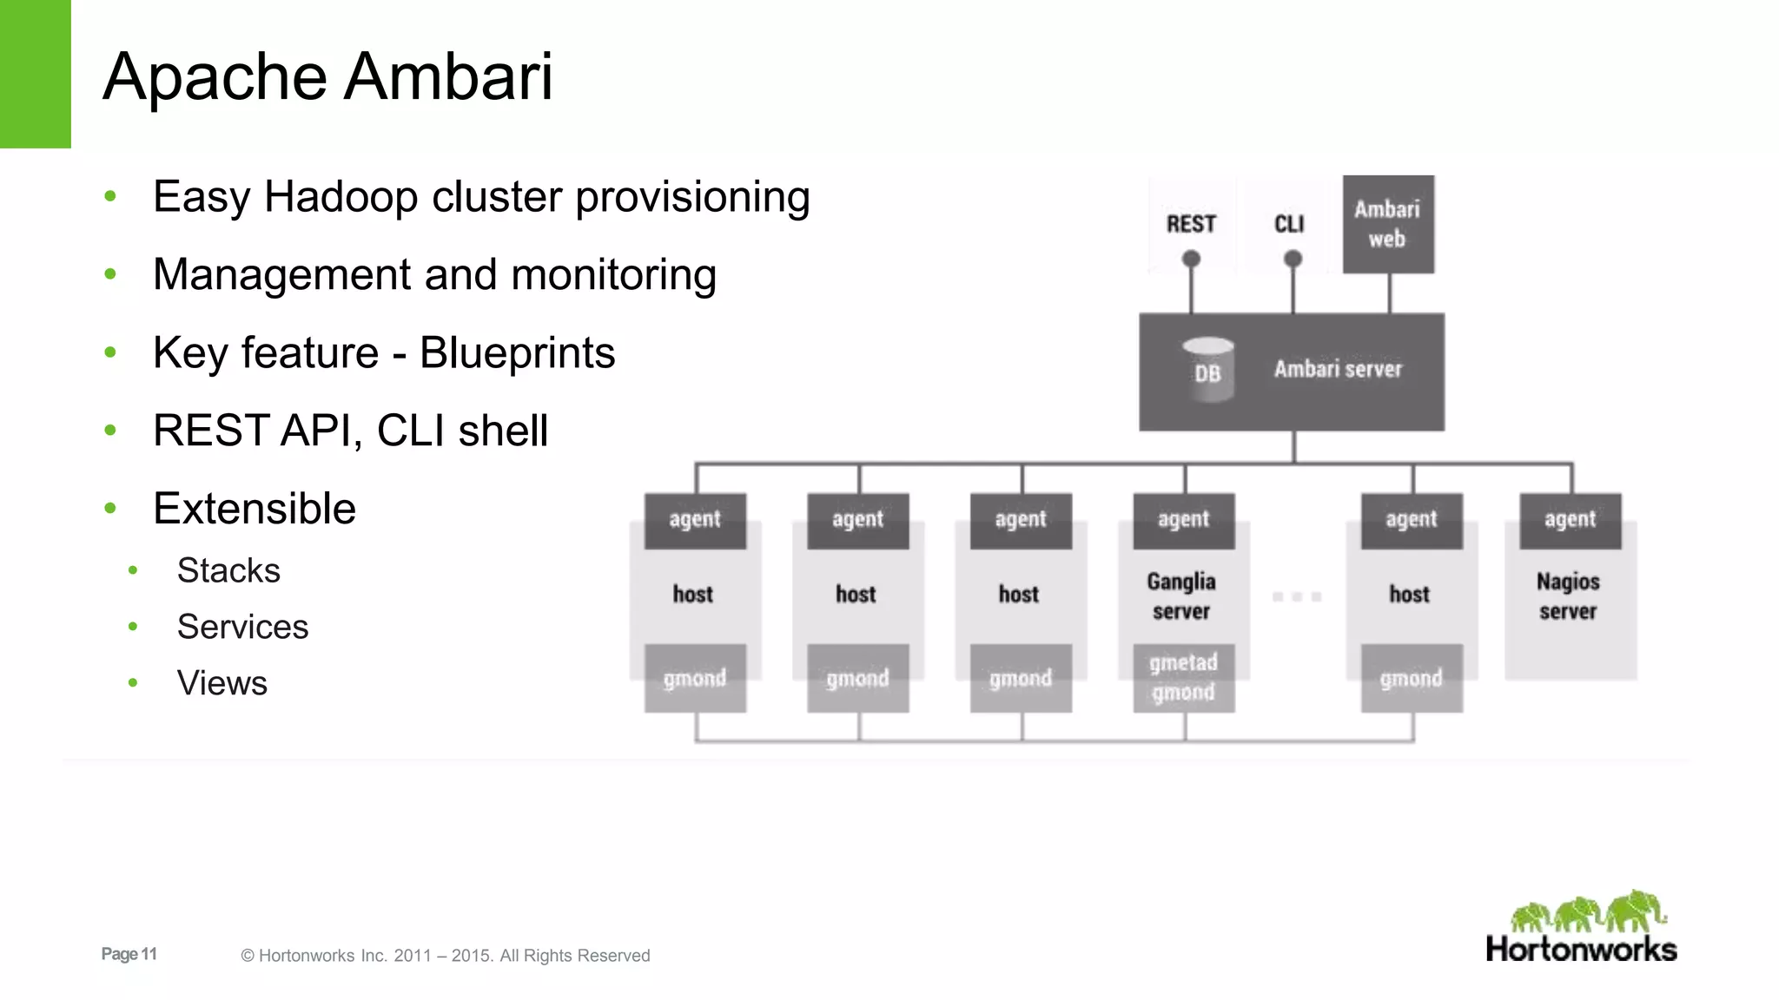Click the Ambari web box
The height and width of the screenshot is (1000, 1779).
pyautogui.click(x=1387, y=224)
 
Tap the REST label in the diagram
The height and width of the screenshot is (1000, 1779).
pyautogui.click(x=1191, y=224)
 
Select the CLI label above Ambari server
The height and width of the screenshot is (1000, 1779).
pyautogui.click(x=1289, y=224)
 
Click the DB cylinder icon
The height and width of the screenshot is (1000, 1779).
pyautogui.click(x=1207, y=370)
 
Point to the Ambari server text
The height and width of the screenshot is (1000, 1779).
pyautogui.click(x=1338, y=369)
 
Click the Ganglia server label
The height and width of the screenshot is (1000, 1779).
pyautogui.click(x=1181, y=595)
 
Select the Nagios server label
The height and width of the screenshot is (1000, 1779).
pyautogui.click(x=1568, y=595)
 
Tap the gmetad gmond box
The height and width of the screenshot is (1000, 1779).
pyautogui.click(x=1183, y=677)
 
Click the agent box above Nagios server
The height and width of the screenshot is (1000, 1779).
pyautogui.click(x=1570, y=520)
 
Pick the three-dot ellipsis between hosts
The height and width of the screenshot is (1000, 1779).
pyautogui.click(x=1296, y=596)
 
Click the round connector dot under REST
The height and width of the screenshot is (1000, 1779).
pyautogui.click(x=1191, y=259)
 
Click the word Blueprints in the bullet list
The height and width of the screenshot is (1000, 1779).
pyautogui.click(x=517, y=352)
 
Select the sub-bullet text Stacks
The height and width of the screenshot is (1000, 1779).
pyautogui.click(x=228, y=570)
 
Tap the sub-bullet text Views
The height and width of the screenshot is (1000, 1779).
pyautogui.click(x=222, y=683)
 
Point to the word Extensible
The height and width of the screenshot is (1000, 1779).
pyautogui.click(x=255, y=508)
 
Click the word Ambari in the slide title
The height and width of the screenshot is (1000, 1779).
pyautogui.click(x=448, y=76)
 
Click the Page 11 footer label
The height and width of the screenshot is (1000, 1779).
pyautogui.click(x=129, y=954)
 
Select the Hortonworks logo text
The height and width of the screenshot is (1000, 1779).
pyautogui.click(x=1581, y=949)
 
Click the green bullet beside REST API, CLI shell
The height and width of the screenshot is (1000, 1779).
pyautogui.click(x=110, y=431)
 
